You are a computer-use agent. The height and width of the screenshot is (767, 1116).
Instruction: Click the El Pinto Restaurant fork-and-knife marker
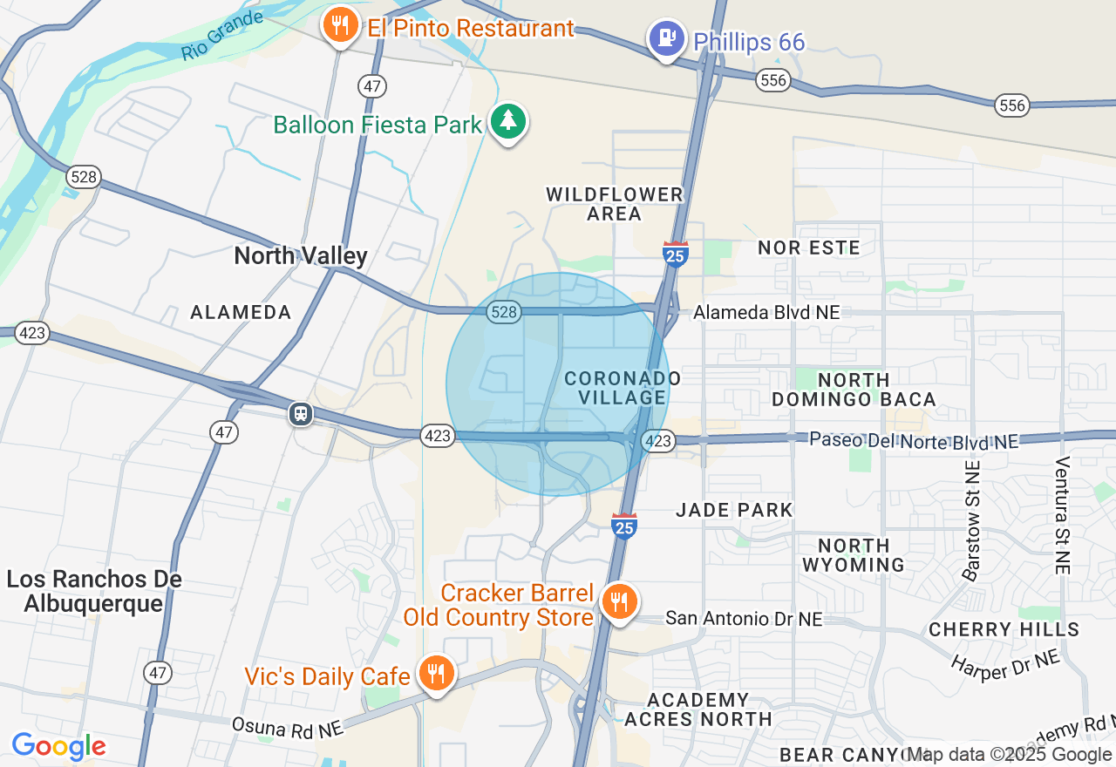pos(340,26)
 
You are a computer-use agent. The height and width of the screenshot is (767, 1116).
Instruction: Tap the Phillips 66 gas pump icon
pos(667,39)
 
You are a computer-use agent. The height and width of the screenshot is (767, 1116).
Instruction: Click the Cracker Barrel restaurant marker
pos(619,602)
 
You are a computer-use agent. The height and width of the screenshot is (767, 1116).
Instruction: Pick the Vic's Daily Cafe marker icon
pos(435,674)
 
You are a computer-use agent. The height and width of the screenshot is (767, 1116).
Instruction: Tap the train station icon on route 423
pos(301,413)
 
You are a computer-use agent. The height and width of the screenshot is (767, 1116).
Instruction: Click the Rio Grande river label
pos(221,36)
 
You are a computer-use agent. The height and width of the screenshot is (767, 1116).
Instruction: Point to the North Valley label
pos(301,255)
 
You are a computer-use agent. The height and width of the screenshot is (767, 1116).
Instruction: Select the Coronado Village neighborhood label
pos(622,388)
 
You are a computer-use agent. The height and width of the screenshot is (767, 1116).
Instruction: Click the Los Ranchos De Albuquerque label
pos(94,591)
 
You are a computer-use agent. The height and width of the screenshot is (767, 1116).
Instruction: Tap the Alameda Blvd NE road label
pos(766,312)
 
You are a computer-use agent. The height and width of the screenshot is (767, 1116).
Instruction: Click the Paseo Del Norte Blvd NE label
pos(913,440)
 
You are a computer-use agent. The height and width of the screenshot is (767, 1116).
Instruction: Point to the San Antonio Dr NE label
pos(744,619)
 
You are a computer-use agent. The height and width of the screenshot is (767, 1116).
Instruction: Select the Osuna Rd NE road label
pos(288,727)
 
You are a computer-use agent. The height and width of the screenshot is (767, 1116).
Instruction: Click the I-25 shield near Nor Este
pos(675,253)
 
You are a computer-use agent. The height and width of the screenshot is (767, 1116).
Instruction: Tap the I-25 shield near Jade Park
pos(623,525)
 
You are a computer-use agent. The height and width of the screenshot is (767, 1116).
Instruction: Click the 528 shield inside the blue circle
pos(504,312)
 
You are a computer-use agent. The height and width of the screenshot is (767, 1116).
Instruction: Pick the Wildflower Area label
pos(615,204)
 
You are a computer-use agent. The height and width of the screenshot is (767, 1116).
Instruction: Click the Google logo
pos(58,747)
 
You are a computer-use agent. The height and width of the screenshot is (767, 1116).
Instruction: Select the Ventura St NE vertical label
pos(1062,514)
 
